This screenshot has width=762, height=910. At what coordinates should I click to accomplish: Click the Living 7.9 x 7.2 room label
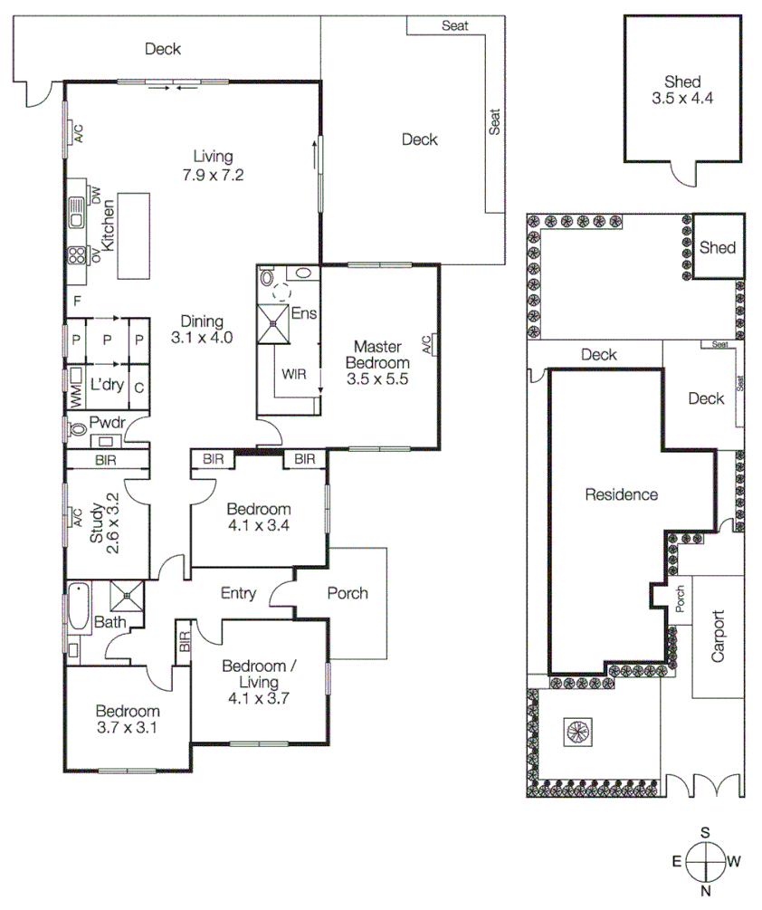click(213, 165)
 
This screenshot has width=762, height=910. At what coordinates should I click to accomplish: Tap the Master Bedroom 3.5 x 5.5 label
click(377, 362)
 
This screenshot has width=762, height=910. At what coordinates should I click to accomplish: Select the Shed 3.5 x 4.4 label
click(682, 91)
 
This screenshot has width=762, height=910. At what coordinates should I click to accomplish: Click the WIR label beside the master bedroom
click(293, 373)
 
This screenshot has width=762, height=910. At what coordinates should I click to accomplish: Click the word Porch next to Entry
click(348, 593)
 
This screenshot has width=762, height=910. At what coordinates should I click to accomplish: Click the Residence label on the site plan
click(621, 494)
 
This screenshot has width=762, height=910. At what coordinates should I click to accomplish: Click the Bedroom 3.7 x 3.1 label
click(128, 719)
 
